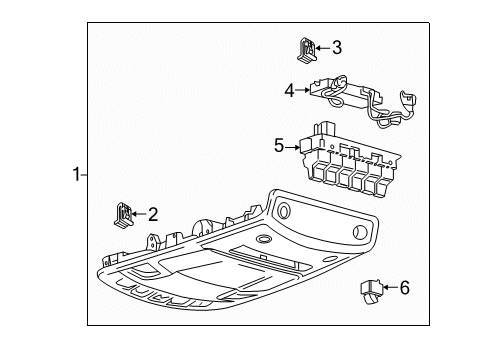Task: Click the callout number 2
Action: (152, 212)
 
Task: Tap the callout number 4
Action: (289, 90)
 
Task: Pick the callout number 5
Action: (280, 146)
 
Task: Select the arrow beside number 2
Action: (140, 212)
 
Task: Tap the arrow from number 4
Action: (302, 90)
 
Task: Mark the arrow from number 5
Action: (293, 146)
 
